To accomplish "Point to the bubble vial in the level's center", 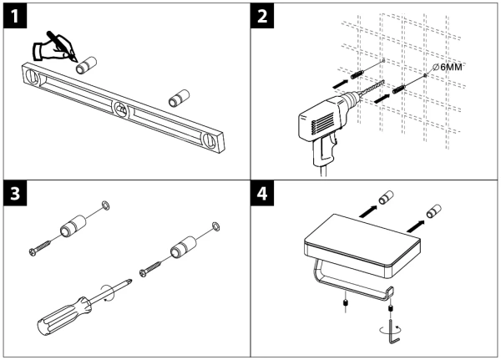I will click(122, 109).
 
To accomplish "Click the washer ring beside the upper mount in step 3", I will click(104, 205).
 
